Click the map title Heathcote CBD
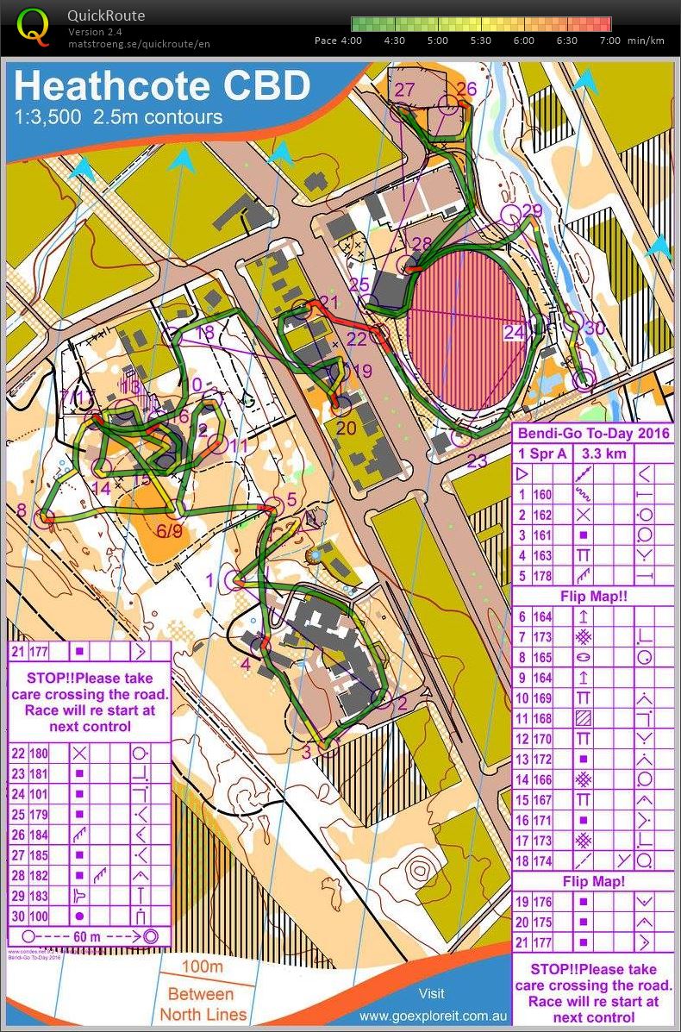162,86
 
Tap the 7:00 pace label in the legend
609,41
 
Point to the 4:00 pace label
351,41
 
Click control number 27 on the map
404,90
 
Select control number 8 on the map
22,510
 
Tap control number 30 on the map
594,328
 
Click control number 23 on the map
477,460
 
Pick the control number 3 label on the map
306,751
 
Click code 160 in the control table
542,495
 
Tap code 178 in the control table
542,575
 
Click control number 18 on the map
205,332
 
